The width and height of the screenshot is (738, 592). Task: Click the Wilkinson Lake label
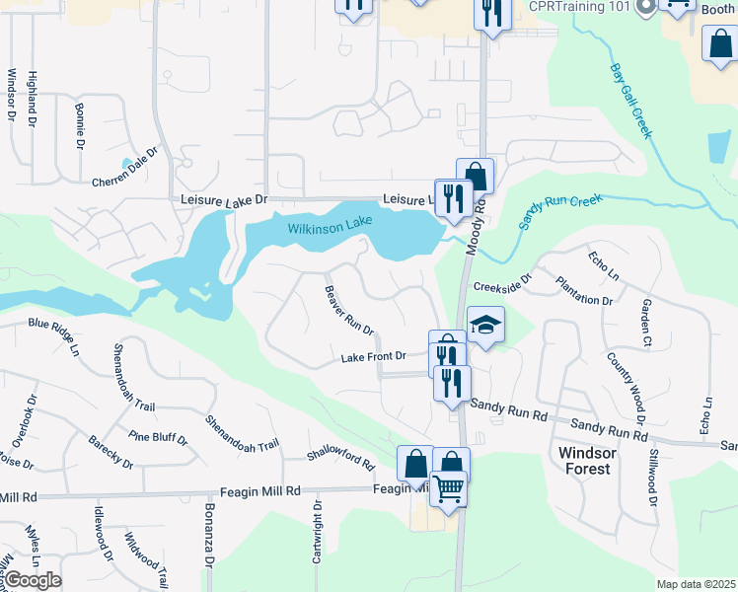pos(330,228)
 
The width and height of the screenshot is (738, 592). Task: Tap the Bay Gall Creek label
pos(631,102)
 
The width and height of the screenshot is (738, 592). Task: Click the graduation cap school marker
pos(485,326)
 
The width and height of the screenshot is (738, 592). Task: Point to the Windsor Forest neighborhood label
pos(585,460)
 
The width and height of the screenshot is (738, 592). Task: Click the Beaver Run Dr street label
pos(348,309)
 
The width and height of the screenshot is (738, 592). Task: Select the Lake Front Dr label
pos(374,356)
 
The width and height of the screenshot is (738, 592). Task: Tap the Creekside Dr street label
pos(501,286)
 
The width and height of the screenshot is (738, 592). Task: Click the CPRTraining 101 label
pos(579,7)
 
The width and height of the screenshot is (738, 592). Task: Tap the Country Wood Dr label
pos(626,387)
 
